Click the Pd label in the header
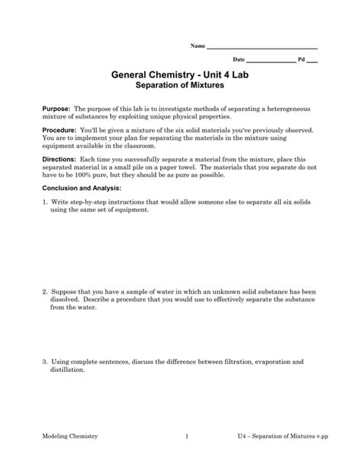click(x=302, y=59)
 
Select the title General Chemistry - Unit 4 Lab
click(x=180, y=76)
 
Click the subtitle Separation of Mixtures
click(x=180, y=88)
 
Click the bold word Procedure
click(x=60, y=131)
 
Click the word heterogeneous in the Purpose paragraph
click(x=292, y=109)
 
